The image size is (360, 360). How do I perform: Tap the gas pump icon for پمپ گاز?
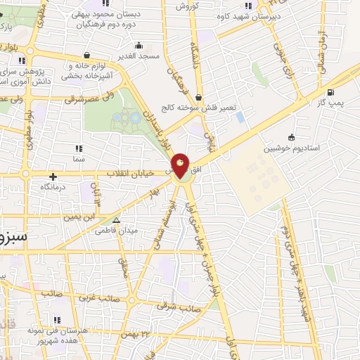pos(330,92)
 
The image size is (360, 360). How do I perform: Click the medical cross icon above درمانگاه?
pos(53,176)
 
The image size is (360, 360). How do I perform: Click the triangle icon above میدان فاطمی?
pos(116,220)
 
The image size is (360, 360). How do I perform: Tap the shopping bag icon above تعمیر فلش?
pos(199,98)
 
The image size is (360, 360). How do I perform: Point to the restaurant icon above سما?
pos(78,148)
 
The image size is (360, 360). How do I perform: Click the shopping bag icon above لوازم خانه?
pos(86,55)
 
